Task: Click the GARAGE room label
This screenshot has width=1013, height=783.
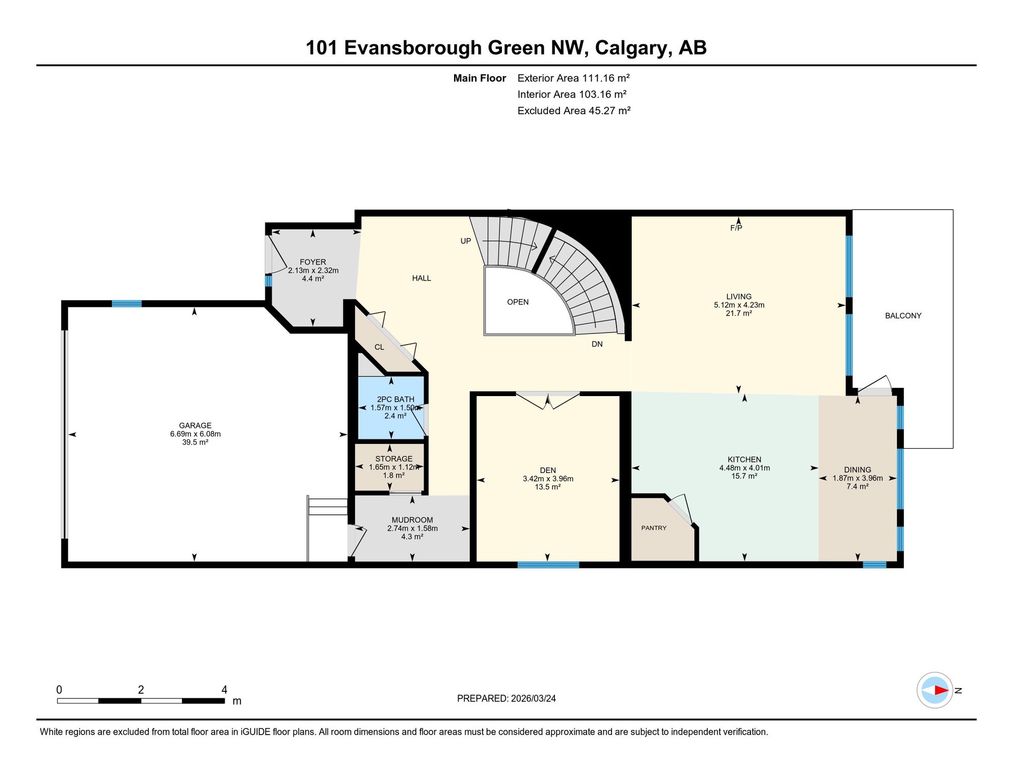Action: (195, 426)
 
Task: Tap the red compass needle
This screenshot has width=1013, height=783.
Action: (941, 691)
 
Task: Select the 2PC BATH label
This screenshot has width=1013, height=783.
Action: (395, 400)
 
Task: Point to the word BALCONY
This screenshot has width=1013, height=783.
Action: (903, 316)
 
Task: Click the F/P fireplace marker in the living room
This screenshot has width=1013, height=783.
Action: (736, 228)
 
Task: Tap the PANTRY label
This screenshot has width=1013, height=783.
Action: (654, 528)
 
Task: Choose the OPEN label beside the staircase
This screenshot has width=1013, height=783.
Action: (518, 302)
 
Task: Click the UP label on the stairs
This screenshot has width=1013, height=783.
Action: (466, 241)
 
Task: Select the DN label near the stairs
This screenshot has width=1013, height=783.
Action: (597, 345)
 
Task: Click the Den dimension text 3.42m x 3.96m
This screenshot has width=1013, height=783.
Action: (548, 479)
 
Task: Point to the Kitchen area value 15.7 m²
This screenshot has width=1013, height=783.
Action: (744, 476)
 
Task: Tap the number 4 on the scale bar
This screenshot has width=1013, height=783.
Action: (224, 690)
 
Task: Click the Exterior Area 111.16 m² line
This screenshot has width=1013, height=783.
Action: (573, 78)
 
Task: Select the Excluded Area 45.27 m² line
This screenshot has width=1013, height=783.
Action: (574, 111)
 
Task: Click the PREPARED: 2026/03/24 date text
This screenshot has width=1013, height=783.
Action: (506, 699)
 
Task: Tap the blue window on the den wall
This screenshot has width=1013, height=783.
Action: (548, 565)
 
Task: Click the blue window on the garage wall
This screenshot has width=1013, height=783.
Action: (126, 304)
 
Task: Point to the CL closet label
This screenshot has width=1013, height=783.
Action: (379, 347)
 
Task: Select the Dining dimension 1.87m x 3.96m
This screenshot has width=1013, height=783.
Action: (858, 479)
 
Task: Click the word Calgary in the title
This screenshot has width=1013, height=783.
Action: (632, 48)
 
